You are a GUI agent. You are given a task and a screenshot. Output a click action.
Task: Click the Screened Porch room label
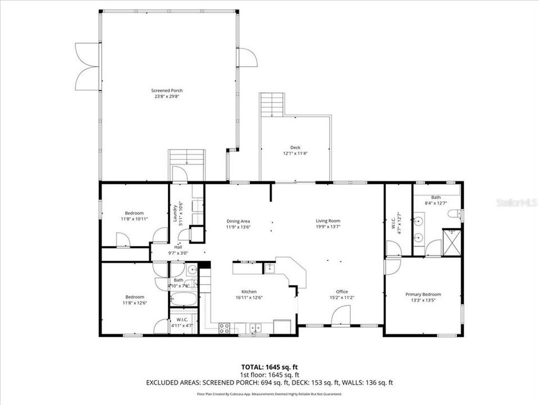[x=167, y=91]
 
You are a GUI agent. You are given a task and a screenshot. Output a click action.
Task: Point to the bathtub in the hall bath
[x=183, y=299]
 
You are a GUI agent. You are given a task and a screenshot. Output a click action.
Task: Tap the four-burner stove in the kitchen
[x=224, y=327]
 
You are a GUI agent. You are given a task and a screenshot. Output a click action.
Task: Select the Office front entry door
[x=341, y=316]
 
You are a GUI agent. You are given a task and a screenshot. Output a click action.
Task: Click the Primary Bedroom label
[x=423, y=294]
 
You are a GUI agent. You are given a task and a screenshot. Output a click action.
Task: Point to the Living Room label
[x=327, y=221]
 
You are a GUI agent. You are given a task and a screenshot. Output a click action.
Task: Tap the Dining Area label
[x=238, y=221]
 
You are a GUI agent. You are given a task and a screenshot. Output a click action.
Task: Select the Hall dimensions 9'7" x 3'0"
[x=178, y=254]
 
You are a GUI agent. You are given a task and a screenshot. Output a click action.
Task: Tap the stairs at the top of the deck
[x=273, y=105]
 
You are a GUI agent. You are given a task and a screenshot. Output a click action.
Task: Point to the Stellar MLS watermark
[x=516, y=202]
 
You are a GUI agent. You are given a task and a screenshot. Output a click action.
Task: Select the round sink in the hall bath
[x=191, y=268]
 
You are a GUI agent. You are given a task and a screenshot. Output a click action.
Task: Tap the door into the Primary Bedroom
[x=392, y=265]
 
